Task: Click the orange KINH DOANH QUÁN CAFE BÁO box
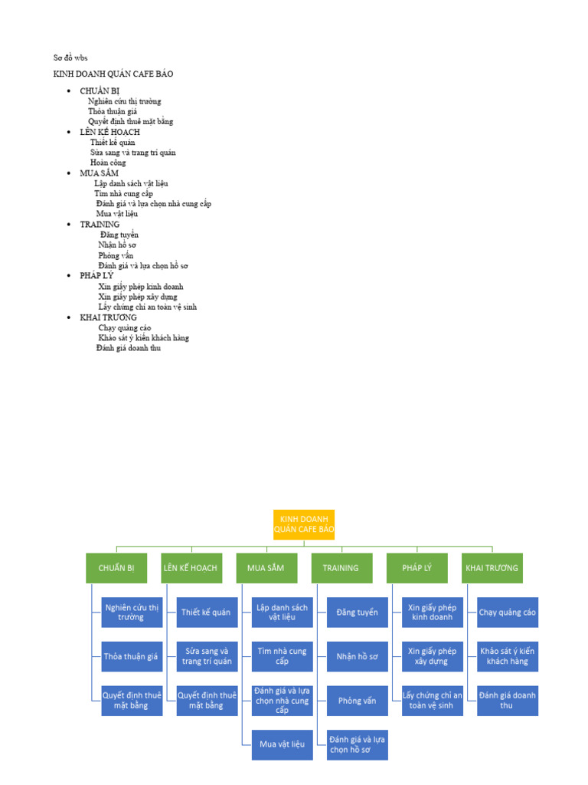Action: click(304, 524)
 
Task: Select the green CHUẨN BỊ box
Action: click(116, 568)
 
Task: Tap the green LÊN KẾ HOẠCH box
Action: click(191, 568)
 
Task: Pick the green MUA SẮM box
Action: click(266, 568)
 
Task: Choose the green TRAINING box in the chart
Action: click(341, 568)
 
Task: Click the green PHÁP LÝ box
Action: click(416, 568)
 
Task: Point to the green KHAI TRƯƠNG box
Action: click(492, 568)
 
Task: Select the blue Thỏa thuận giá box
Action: click(131, 656)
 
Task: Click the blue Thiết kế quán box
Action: click(206, 612)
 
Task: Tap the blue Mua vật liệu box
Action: click(282, 744)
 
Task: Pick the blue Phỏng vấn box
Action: click(357, 701)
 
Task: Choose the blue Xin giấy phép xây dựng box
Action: click(432, 656)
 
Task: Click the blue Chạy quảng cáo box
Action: click(507, 612)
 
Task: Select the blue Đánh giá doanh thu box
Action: click(507, 700)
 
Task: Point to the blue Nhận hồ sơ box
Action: click(357, 656)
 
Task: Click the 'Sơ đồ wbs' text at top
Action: click(70, 57)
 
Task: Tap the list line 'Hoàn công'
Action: click(108, 163)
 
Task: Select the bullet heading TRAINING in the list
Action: click(100, 224)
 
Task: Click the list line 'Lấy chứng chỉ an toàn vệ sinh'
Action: click(148, 307)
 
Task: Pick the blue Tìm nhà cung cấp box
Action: click(282, 656)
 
